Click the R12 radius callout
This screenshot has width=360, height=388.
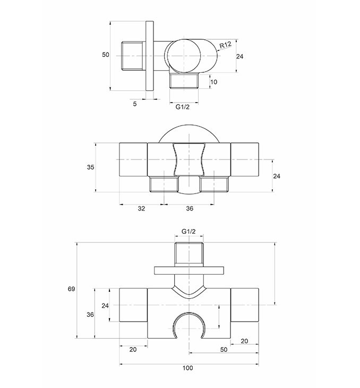coord(226,45)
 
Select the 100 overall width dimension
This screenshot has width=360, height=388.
coord(187,368)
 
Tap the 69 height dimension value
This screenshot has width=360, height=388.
coord(71,289)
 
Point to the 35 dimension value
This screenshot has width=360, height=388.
coord(90,167)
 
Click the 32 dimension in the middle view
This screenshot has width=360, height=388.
coord(141,208)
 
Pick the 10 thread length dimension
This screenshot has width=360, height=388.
coord(213,82)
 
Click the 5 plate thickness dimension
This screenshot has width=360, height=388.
coord(135,104)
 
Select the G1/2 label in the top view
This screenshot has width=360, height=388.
coord(183,107)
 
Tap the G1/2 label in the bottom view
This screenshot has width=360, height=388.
coord(188,231)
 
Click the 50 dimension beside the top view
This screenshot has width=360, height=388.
coord(106,55)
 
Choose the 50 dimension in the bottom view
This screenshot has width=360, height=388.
coord(224,350)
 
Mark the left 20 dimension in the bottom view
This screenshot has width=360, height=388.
coord(133,350)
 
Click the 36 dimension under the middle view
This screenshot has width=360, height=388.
coord(190,208)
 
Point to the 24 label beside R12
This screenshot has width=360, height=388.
coord(239,57)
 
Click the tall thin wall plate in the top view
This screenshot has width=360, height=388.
coord(150,56)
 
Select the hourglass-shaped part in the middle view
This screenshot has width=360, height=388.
coord(189,159)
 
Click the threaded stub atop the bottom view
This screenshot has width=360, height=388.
coord(189,255)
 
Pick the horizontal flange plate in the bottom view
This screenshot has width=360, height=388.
coord(189,271)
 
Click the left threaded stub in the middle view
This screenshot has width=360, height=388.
coord(164,184)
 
